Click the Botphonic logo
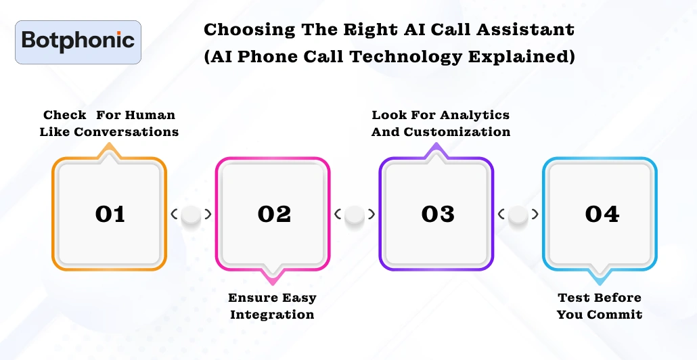point(78,41)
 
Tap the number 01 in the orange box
point(110,214)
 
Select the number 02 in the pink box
point(273,214)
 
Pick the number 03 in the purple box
point(437,214)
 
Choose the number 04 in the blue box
point(602,214)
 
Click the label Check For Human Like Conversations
point(109,123)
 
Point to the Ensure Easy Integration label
point(272,306)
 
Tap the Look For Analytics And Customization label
point(441,123)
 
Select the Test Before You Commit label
point(600,306)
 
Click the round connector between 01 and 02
point(192,215)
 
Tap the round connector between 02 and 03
point(355,215)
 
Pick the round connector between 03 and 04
point(518,215)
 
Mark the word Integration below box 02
point(272,315)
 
